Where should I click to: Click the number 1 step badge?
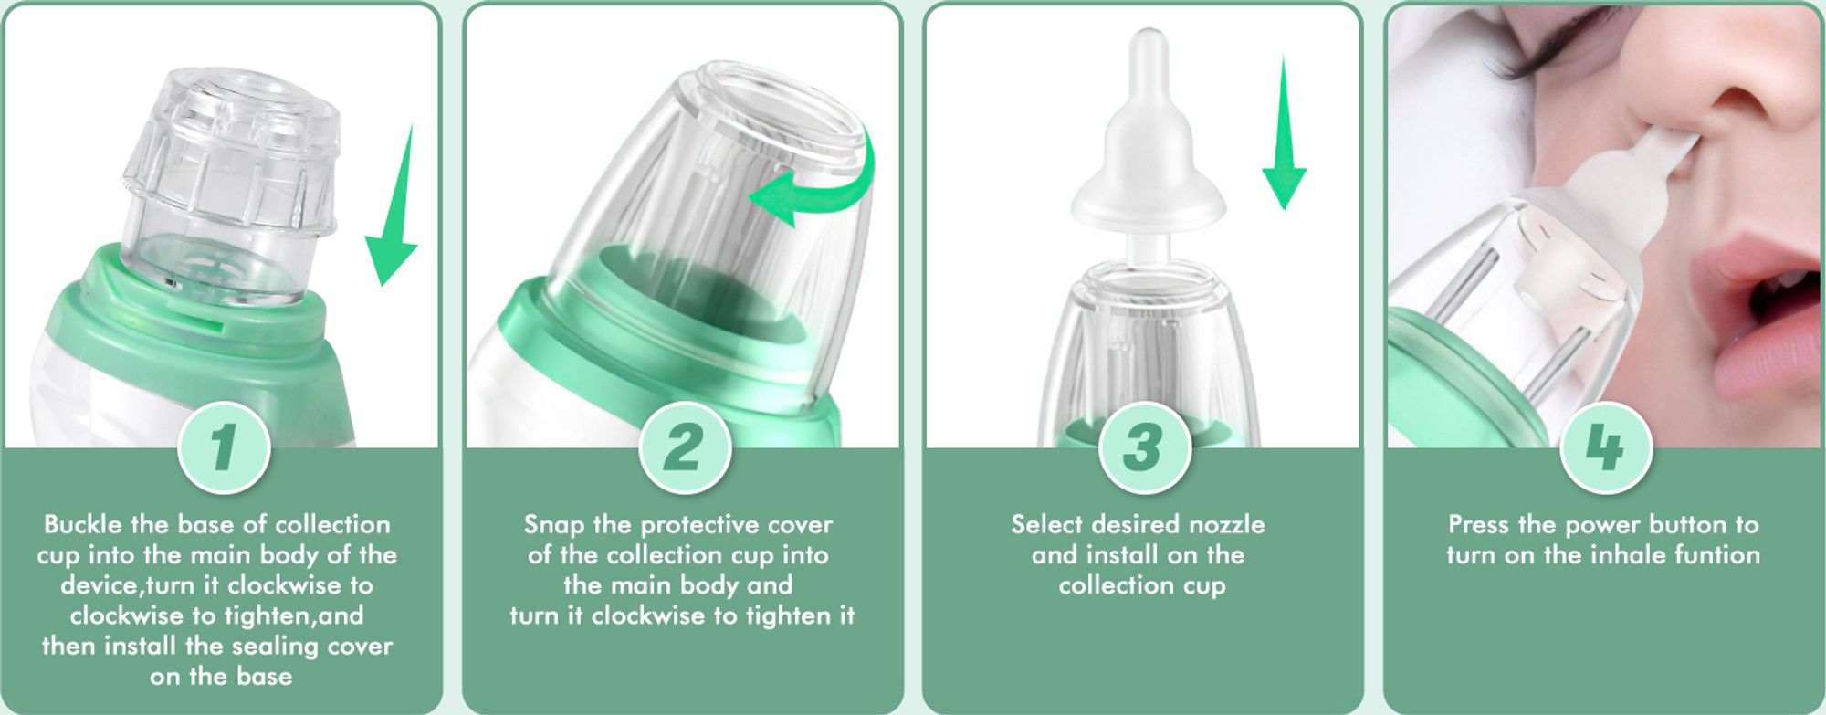[x=224, y=447]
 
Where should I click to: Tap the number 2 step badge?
[x=685, y=447]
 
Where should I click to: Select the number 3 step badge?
[x=1144, y=447]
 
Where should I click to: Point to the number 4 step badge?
[x=1606, y=447]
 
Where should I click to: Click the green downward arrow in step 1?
[x=394, y=215]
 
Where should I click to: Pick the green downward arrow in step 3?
[x=1285, y=137]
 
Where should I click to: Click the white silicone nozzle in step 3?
[x=1148, y=151]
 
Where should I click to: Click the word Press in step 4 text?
[x=1479, y=524]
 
